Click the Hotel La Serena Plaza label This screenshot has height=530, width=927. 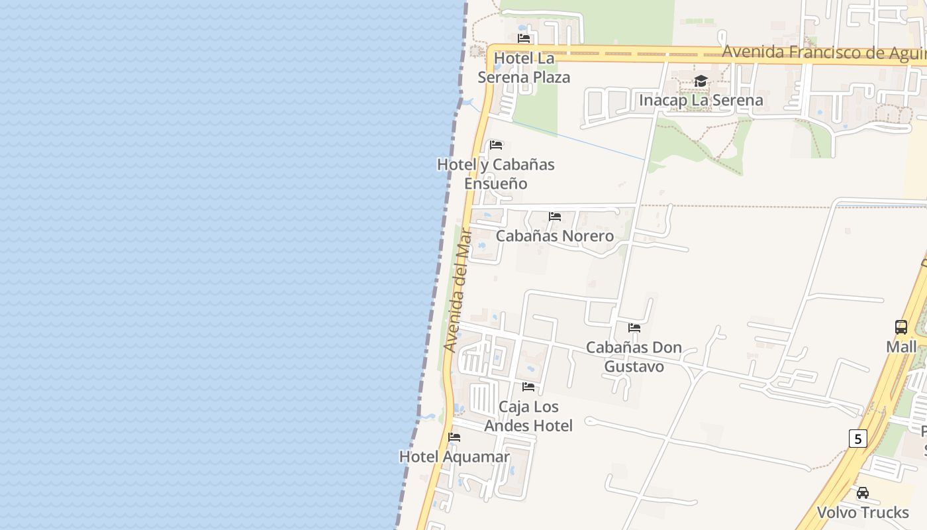(524, 68)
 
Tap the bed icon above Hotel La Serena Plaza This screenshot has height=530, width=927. (524, 38)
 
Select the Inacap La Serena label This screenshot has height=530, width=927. (701, 100)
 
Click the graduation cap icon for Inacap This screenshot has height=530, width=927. (701, 81)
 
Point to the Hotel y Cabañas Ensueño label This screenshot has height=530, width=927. (495, 174)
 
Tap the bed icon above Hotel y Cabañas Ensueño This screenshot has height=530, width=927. (496, 145)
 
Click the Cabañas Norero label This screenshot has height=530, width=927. (555, 236)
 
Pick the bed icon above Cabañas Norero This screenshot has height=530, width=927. (555, 217)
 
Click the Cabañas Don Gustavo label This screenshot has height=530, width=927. (634, 357)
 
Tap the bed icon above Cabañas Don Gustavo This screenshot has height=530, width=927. (634, 327)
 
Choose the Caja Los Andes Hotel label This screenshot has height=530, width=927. (528, 416)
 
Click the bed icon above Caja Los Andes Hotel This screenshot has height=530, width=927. (528, 386)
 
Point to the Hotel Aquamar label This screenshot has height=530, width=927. (454, 457)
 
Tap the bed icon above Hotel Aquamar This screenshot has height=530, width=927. (454, 437)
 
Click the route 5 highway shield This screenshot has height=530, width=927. (857, 439)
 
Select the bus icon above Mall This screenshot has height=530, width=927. (901, 327)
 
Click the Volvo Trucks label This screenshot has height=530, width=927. (863, 513)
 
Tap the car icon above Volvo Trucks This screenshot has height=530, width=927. (863, 493)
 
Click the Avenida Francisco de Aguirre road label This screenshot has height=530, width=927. (824, 52)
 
